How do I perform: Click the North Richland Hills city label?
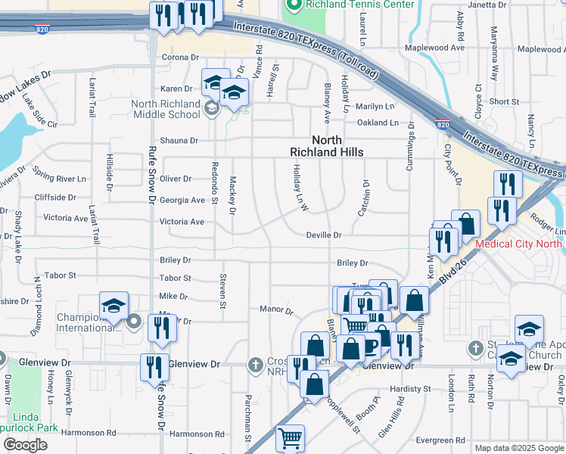coord(327,146)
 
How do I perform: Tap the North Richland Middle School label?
coord(166,109)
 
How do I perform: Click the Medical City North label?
coord(518,244)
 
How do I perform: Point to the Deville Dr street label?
coord(324,235)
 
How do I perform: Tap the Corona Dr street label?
coord(179,57)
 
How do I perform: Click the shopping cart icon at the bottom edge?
coord(290,437)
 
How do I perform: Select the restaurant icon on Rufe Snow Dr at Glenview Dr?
coord(154,367)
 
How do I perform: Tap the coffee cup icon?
coord(370,345)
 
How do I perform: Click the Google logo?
coord(25,445)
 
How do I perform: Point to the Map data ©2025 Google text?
coord(519,448)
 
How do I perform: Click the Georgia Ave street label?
coord(182,201)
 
